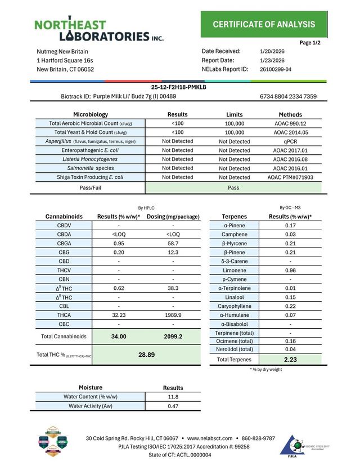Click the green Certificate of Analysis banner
[x=264, y=24]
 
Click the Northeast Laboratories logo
[x=99, y=30]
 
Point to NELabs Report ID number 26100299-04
[x=276, y=70]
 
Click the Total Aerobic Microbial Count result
[x=177, y=123]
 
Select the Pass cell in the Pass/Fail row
[x=234, y=188]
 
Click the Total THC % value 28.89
[x=146, y=355]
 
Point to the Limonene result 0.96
[x=290, y=270]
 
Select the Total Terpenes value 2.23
[x=290, y=360]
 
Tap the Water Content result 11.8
[x=173, y=397]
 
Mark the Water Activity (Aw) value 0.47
[x=173, y=406]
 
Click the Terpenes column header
[x=235, y=216]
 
